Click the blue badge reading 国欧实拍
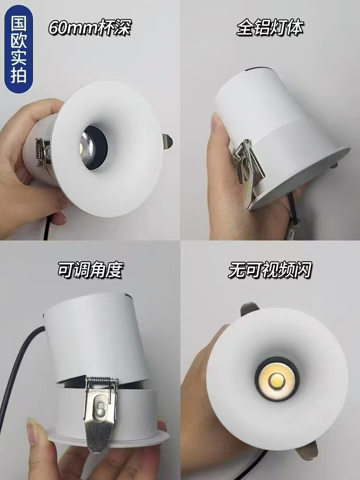(18, 49)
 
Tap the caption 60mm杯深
(90, 28)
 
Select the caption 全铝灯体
(270, 28)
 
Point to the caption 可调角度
(91, 270)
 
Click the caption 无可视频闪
(270, 270)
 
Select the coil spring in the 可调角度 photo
(102, 383)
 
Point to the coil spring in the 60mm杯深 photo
(40, 153)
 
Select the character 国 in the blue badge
(18, 23)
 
